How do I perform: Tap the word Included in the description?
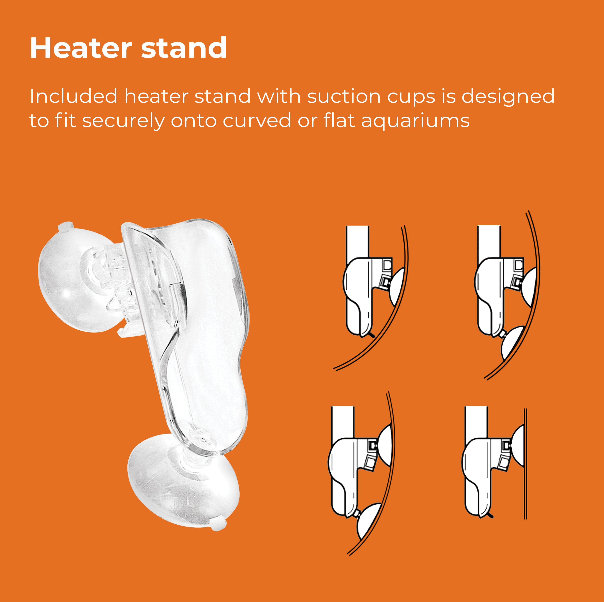tap(73, 96)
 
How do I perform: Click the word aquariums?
tap(416, 121)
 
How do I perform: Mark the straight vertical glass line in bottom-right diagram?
tap(525, 463)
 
